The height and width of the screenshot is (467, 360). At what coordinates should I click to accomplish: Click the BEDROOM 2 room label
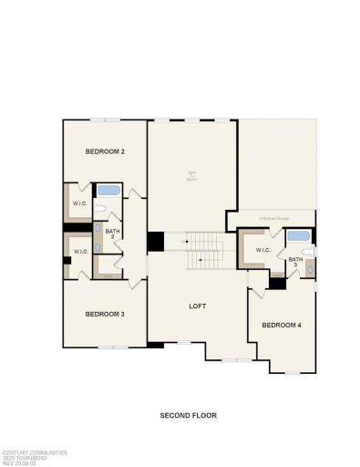[x=104, y=151]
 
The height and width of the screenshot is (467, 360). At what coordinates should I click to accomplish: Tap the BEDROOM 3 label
[x=104, y=314]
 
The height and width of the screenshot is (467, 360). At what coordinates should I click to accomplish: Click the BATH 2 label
[x=112, y=233]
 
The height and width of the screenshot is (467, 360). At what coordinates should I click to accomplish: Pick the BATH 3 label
[x=295, y=262]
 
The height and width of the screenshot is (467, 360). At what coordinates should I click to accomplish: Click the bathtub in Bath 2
[x=110, y=192]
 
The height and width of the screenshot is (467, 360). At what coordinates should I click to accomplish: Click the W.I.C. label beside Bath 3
[x=263, y=250]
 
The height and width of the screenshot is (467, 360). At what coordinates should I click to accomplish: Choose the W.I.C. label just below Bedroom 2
[x=79, y=202]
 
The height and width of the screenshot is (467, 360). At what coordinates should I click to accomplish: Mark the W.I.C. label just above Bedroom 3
[x=79, y=252]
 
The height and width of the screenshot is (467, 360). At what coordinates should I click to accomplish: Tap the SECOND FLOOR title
[x=188, y=416]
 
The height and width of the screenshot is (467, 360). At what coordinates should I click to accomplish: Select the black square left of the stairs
[x=156, y=242]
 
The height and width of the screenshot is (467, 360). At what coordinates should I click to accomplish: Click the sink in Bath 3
[x=309, y=267]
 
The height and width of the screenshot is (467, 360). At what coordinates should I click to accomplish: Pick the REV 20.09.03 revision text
[x=20, y=462]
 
